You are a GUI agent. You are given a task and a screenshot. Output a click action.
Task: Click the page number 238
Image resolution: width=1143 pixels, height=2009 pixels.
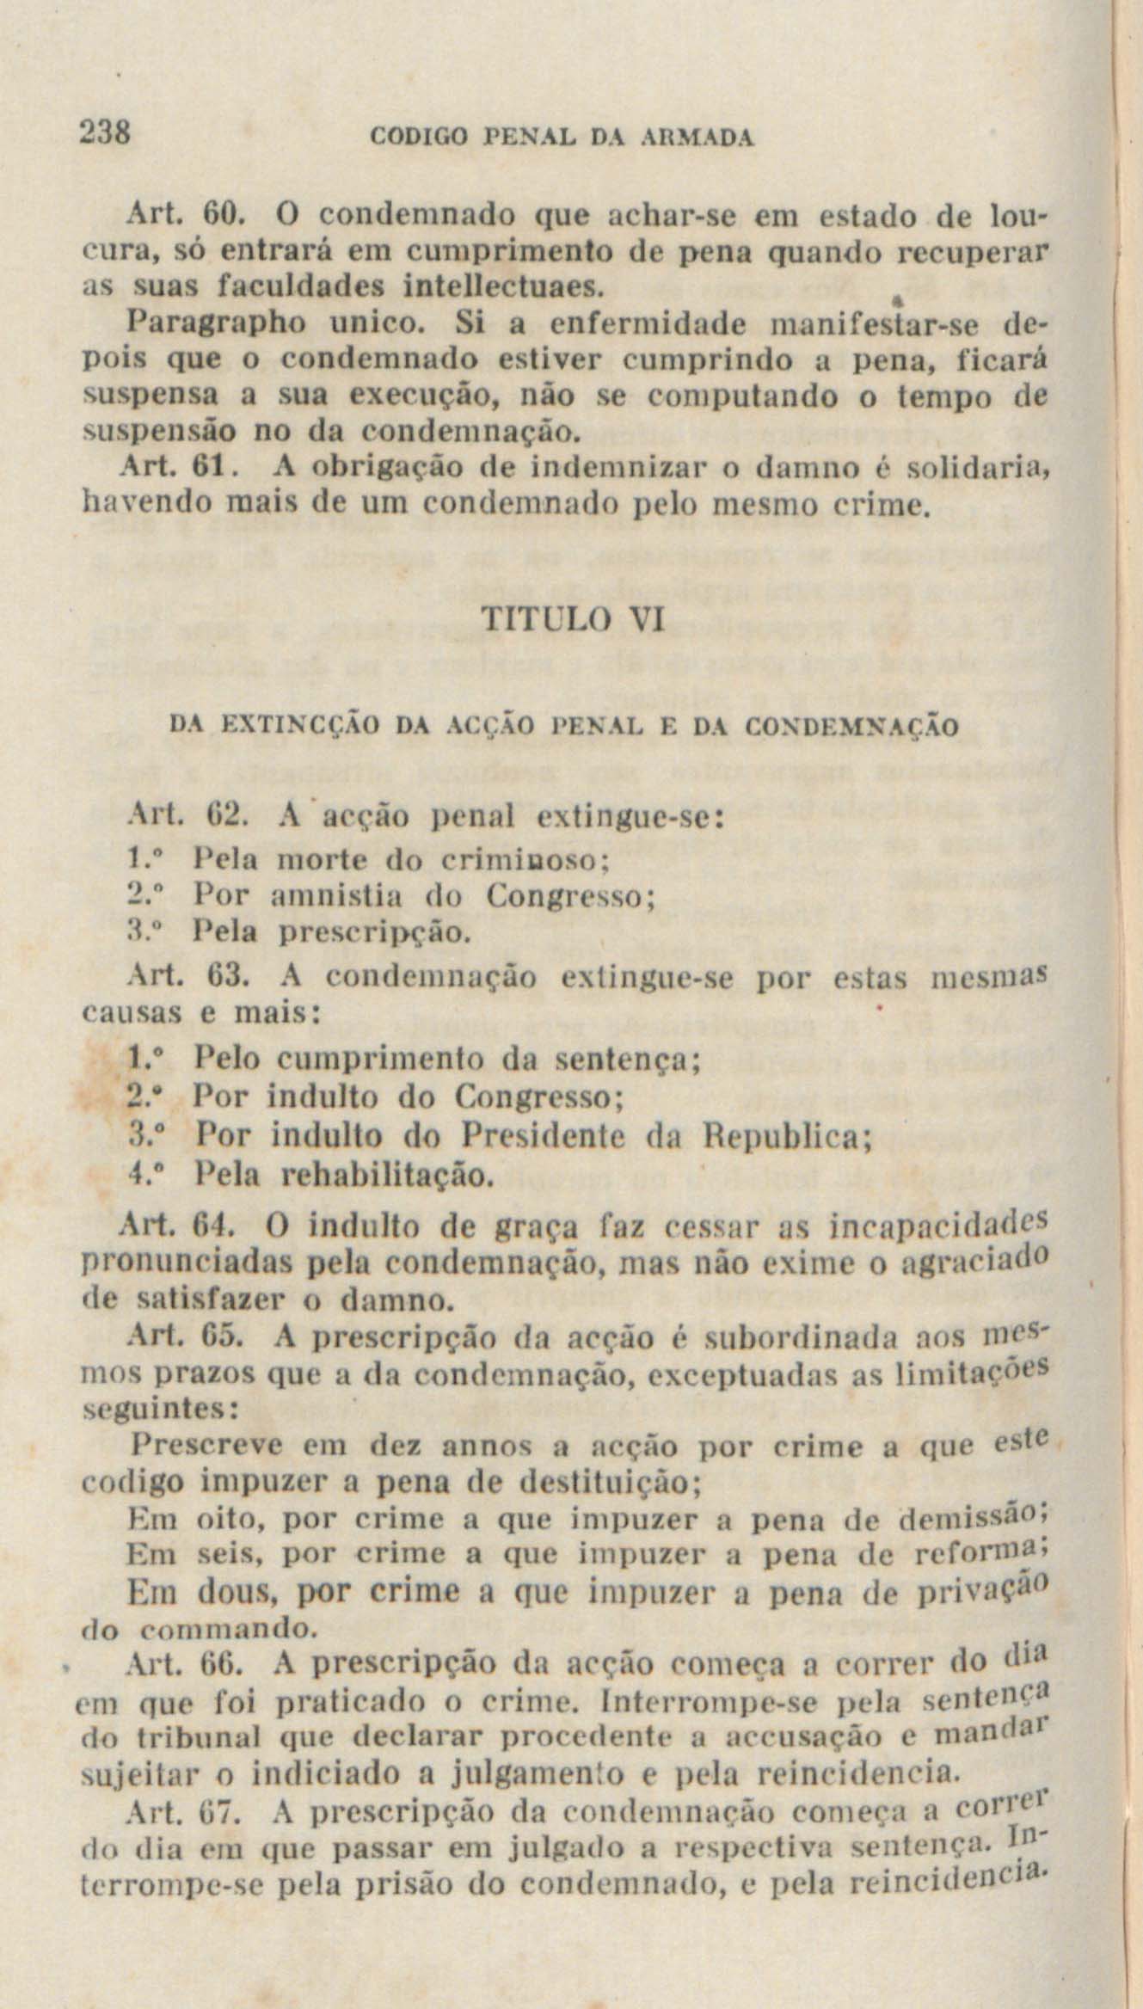pos(103,133)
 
